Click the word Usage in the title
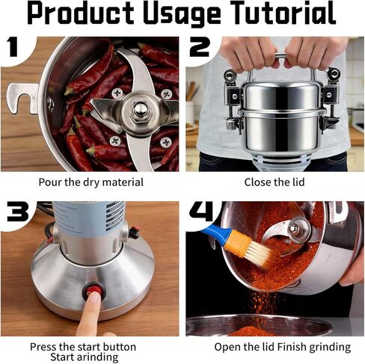[182, 14]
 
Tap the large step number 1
[13, 46]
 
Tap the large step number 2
[200, 46]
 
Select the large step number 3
[18, 212]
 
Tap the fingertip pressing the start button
[94, 297]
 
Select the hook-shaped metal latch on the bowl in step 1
[22, 99]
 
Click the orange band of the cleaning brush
[237, 242]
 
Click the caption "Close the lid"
[274, 182]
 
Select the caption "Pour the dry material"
[91, 182]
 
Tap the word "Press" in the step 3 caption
[43, 347]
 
